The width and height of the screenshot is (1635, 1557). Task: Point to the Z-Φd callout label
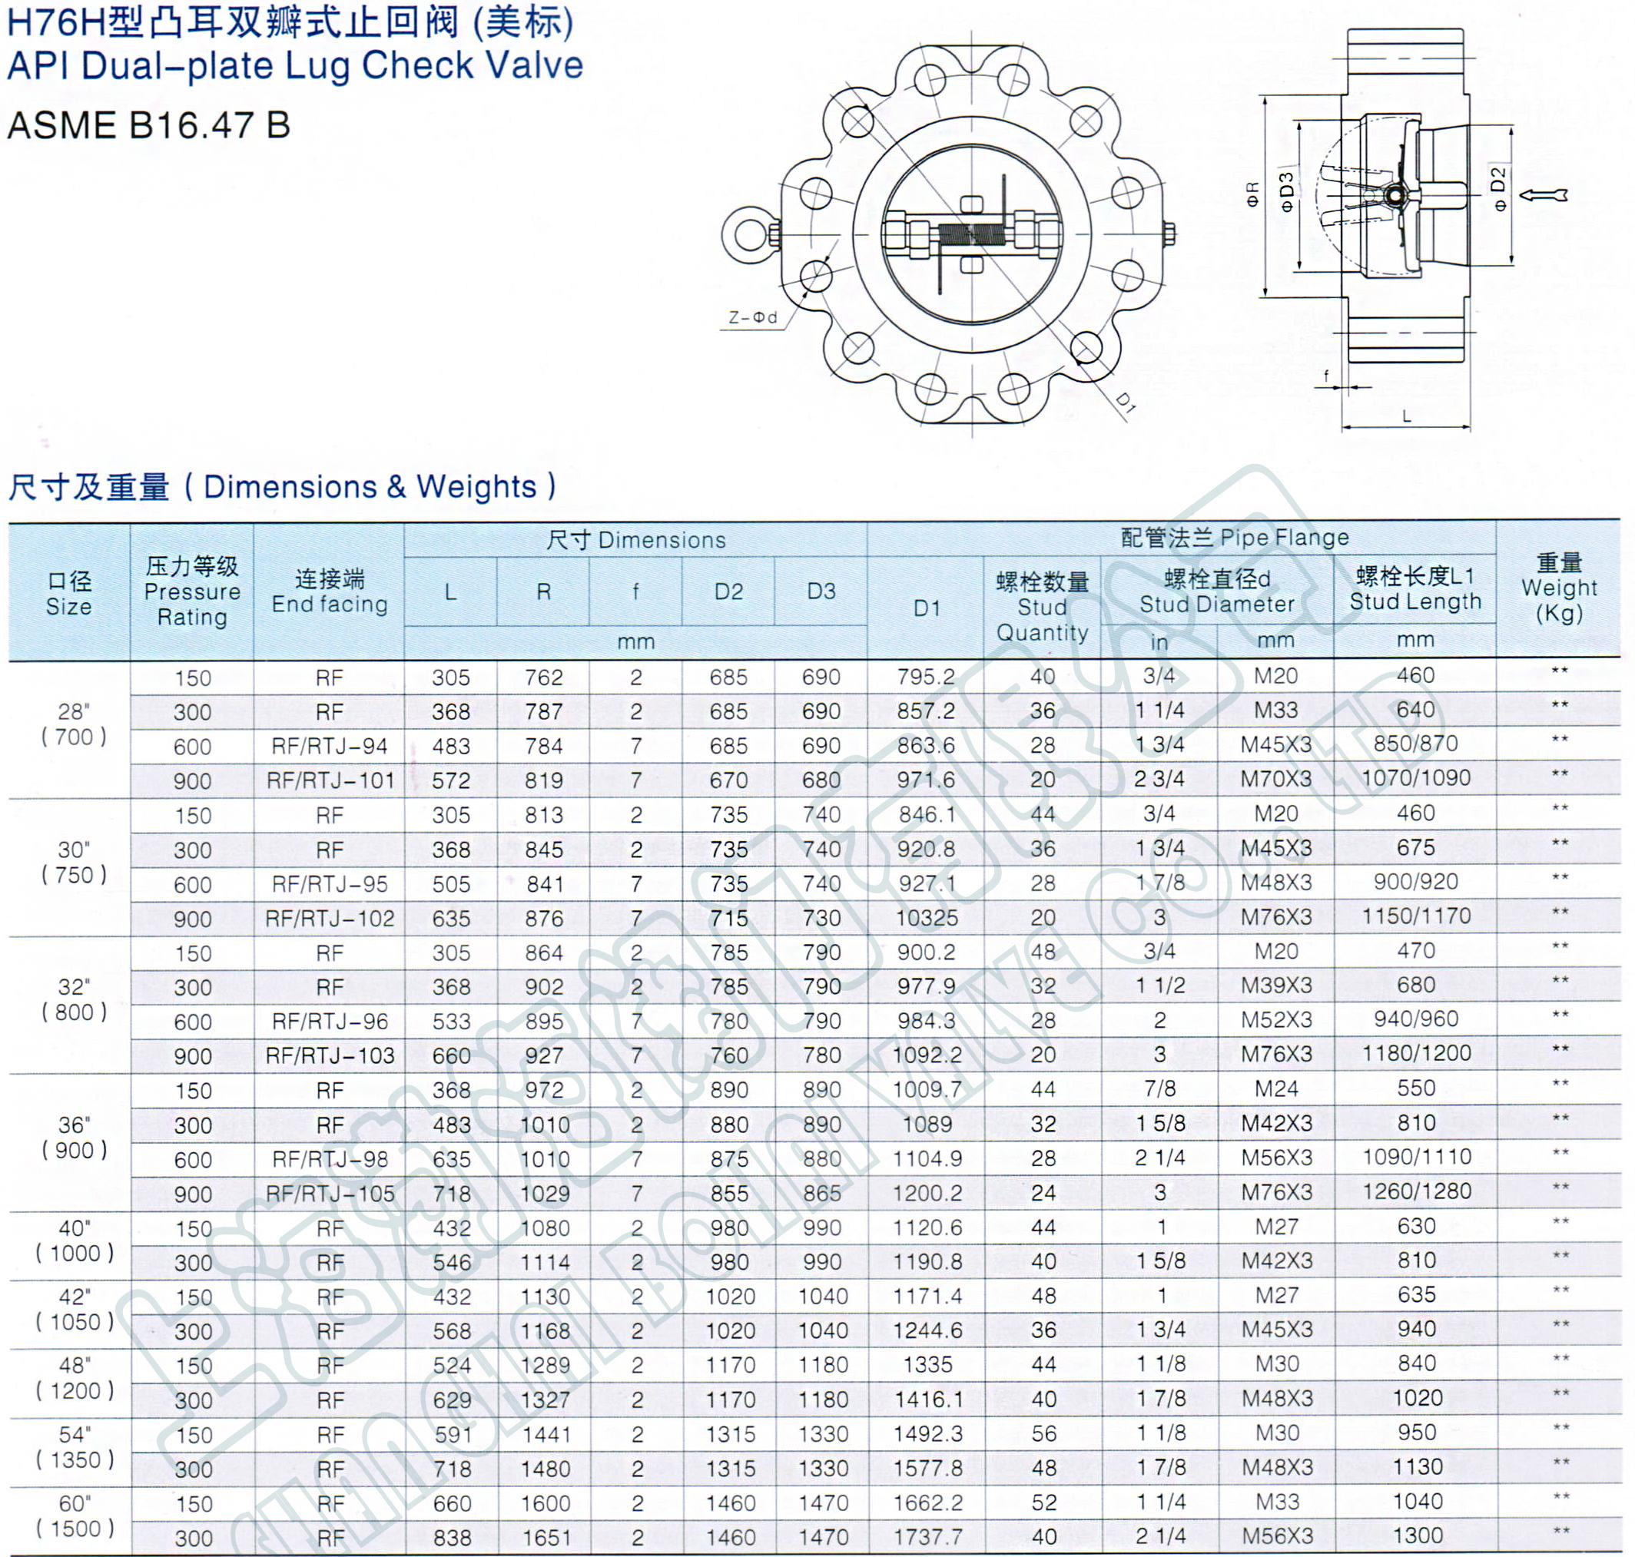(x=754, y=318)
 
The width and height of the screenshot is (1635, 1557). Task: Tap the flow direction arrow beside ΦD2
(x=1543, y=195)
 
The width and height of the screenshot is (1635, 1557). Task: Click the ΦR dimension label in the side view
(x=1253, y=194)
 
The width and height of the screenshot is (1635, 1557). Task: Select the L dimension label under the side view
(x=1407, y=416)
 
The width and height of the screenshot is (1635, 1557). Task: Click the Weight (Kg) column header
(x=1559, y=588)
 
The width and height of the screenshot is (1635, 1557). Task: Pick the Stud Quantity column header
(x=1043, y=608)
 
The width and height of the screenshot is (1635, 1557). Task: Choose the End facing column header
(x=330, y=591)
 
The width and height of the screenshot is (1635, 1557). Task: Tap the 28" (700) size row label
(x=74, y=724)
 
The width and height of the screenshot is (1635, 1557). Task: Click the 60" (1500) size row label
(x=74, y=1516)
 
